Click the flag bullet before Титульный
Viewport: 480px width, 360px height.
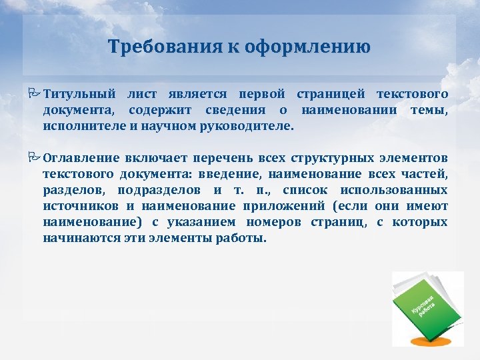pyautogui.click(x=35, y=93)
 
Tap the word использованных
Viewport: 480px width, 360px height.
pyautogui.click(x=399, y=191)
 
